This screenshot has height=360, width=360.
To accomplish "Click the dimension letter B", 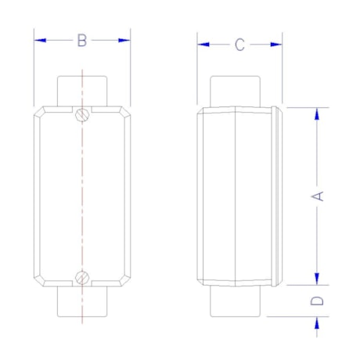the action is tap(82, 41).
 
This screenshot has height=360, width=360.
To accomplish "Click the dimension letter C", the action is tap(239, 45).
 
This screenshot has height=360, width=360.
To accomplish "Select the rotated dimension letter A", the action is tap(318, 196).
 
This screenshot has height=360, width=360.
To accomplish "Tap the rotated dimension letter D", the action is tap(317, 301).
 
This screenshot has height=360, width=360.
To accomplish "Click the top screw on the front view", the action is tap(83, 114).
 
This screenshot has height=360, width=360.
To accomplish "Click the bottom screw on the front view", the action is tap(82, 278).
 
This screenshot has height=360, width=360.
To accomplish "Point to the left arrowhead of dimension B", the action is tap(40, 40).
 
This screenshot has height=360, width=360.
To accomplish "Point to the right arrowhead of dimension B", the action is tap(124, 40).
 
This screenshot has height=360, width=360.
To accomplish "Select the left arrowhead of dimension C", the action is tap(203, 45).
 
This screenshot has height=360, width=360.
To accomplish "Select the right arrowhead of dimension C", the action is tap(276, 45).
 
